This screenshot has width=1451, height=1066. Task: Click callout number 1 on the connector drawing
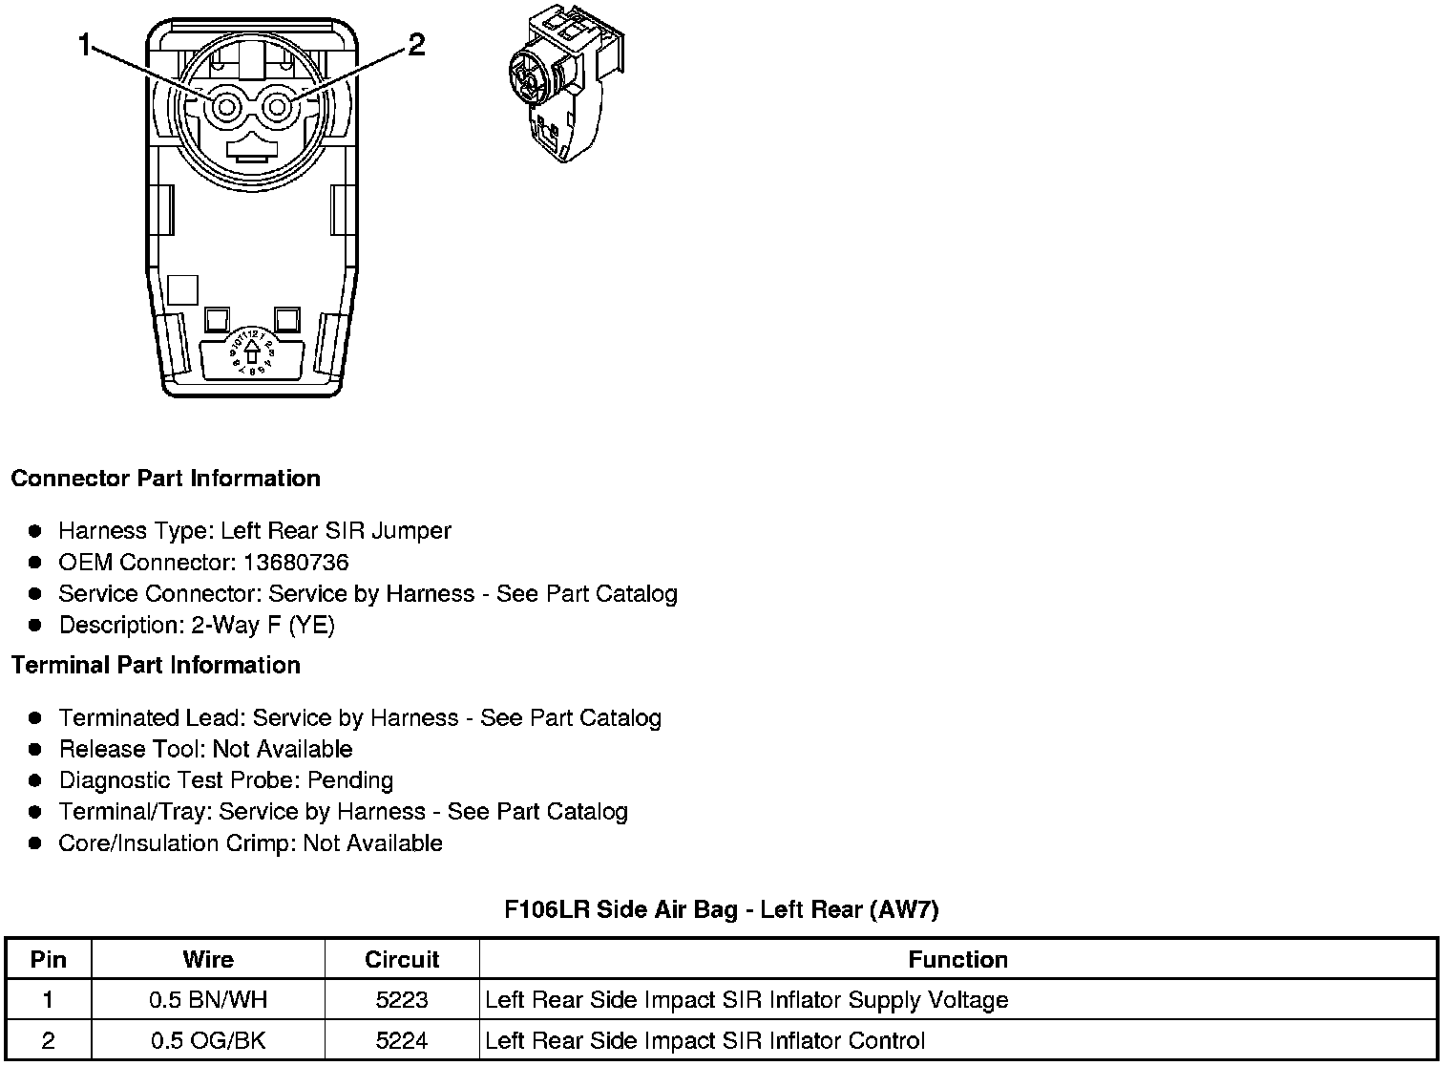(x=85, y=44)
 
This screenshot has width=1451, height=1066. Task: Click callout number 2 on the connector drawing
(x=416, y=44)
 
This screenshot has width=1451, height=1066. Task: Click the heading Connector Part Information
(x=165, y=479)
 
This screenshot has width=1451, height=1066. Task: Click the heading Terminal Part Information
(x=156, y=666)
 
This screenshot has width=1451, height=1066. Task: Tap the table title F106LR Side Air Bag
(x=721, y=909)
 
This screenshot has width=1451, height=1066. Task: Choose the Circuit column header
(x=402, y=960)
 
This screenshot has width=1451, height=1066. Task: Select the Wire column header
(x=208, y=960)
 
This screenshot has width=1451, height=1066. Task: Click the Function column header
(x=957, y=960)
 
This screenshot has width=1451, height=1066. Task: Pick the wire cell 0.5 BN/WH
(x=208, y=1000)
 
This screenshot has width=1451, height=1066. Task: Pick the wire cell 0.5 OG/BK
(x=208, y=1040)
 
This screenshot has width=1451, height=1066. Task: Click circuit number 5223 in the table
(x=402, y=1000)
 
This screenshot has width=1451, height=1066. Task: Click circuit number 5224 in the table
(x=402, y=1040)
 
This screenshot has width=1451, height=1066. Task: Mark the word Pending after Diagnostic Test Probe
(x=350, y=781)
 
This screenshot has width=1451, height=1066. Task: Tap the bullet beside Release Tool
(x=35, y=750)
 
